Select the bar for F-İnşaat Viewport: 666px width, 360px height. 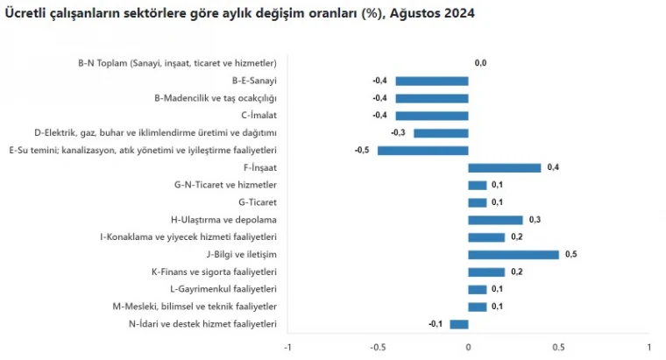tap(504, 167)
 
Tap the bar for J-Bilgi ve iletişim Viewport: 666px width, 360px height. tap(513, 255)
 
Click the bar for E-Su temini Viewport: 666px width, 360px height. tap(422, 151)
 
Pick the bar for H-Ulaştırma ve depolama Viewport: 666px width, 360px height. tap(495, 220)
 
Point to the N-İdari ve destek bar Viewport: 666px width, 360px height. tap(459, 324)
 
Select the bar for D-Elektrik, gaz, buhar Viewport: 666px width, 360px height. tap(441, 133)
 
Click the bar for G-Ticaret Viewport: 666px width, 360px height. tap(477, 202)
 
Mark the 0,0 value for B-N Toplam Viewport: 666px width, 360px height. tap(480, 63)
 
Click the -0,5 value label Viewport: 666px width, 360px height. tap(362, 151)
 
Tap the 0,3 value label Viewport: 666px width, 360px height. tap(535, 220)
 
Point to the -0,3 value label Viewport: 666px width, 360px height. tap(398, 133)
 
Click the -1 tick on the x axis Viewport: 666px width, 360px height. tap(287, 346)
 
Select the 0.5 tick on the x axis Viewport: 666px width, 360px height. tap(558, 346)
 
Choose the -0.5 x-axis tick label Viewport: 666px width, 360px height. tap(377, 346)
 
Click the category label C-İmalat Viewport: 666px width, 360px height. tap(259, 116)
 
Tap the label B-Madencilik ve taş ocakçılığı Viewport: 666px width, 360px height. tap(215, 98)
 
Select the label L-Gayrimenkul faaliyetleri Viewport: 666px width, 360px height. tap(223, 289)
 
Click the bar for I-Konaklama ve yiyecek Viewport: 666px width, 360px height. tap(486, 237)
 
